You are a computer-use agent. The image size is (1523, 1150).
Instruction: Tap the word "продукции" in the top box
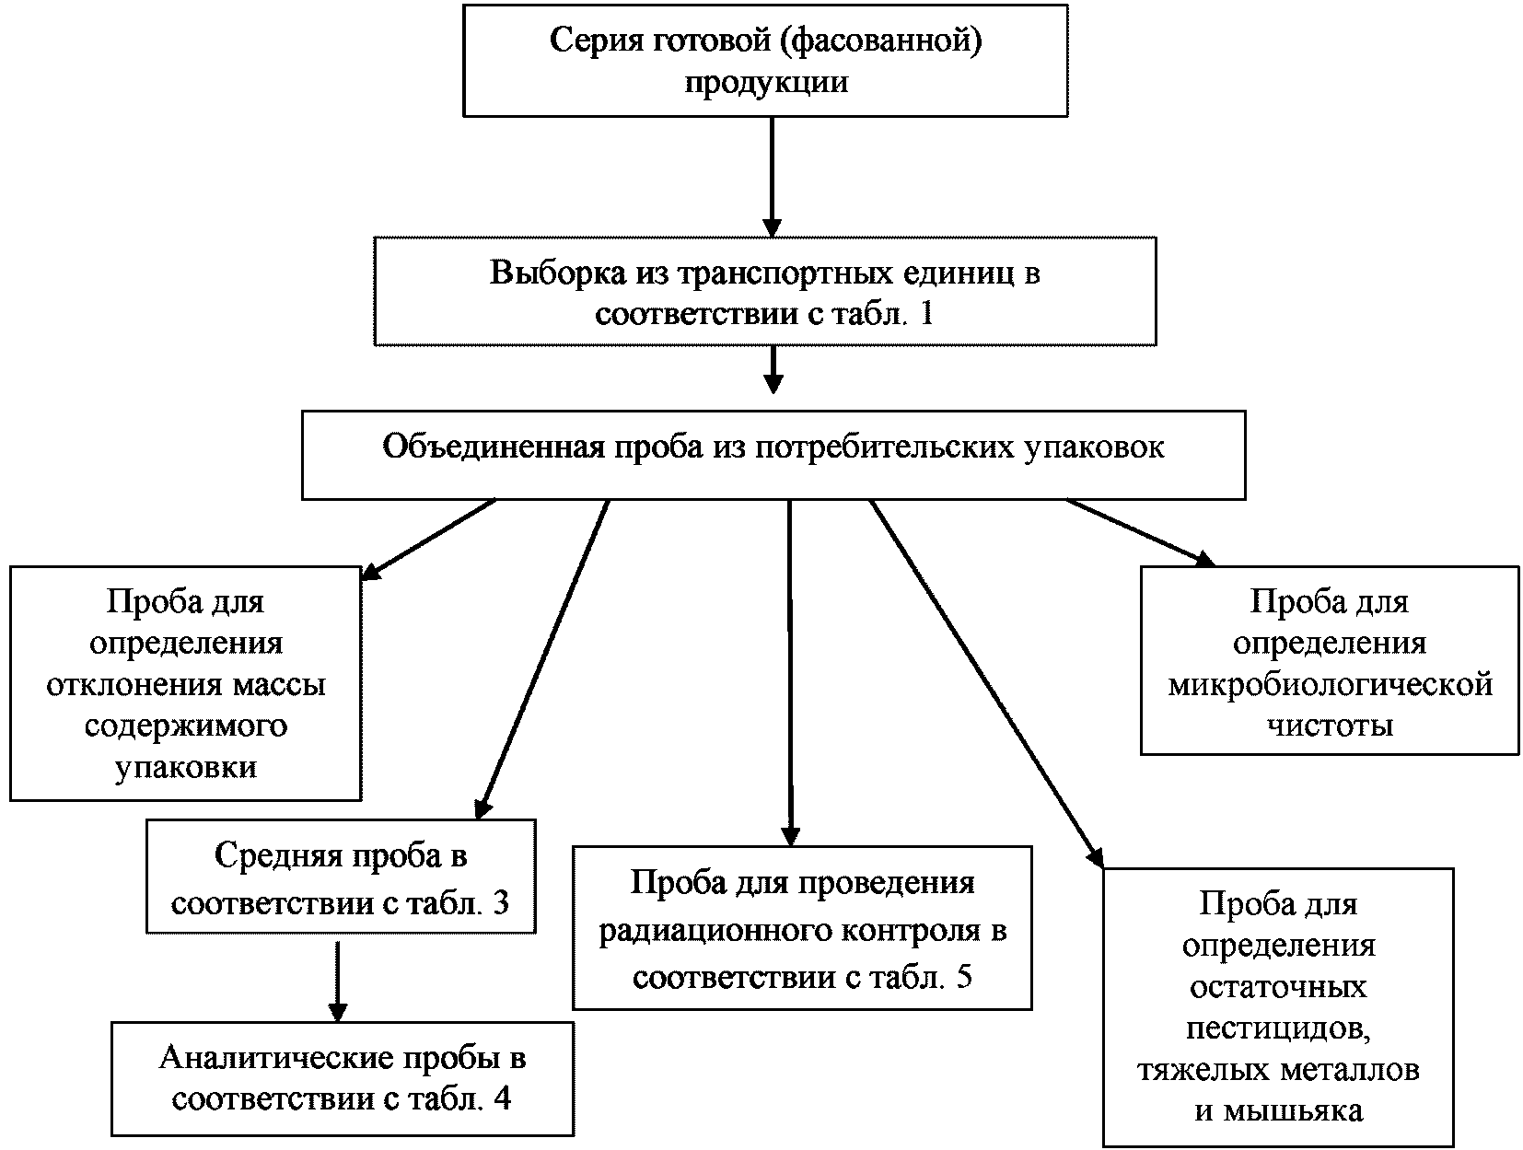click(x=765, y=82)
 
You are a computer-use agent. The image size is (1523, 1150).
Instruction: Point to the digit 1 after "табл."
click(x=925, y=314)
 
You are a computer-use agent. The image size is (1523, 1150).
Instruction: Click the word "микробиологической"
click(x=1330, y=685)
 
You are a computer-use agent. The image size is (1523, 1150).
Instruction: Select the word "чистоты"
click(x=1330, y=726)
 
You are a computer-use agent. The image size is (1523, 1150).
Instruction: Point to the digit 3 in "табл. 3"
click(x=500, y=901)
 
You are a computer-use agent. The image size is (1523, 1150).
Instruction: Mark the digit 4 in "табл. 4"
click(x=502, y=1099)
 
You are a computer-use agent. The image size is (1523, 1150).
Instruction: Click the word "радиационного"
click(x=715, y=931)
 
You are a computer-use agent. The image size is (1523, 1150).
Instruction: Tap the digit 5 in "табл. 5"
click(x=963, y=976)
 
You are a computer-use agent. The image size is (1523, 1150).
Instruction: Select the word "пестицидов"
click(x=1280, y=1028)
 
